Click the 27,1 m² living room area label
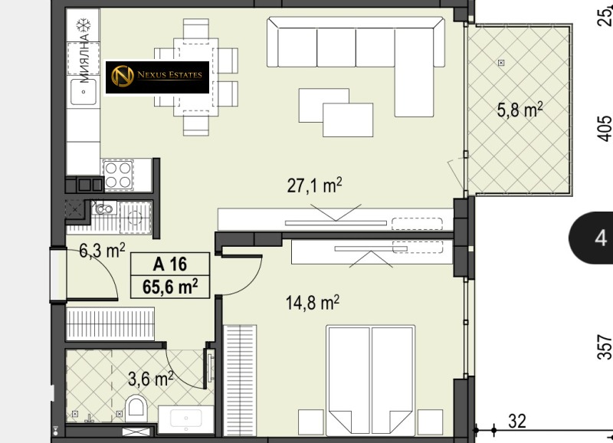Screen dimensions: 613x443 (x=314, y=185)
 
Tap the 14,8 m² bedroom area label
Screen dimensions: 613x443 (x=313, y=303)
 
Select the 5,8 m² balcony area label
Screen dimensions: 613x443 (x=520, y=110)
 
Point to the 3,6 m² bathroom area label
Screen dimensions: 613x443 (x=151, y=379)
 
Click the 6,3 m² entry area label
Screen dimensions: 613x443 (x=102, y=250)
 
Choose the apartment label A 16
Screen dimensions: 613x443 (x=170, y=264)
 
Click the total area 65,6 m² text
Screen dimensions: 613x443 (x=170, y=287)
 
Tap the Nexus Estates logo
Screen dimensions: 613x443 (x=158, y=77)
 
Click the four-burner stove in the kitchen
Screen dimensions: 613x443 (x=118, y=175)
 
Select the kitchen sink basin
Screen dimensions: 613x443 (x=84, y=92)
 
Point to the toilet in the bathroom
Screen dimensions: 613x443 (x=136, y=408)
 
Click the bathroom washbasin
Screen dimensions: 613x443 (x=186, y=419)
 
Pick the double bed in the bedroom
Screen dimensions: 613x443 (x=371, y=380)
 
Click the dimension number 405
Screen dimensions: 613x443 (x=605, y=128)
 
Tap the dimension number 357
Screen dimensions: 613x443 (x=605, y=346)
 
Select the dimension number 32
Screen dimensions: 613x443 (x=516, y=422)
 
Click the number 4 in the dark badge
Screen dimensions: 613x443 (x=601, y=238)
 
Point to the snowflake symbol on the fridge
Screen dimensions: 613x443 (x=84, y=26)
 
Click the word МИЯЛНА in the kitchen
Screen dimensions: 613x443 (x=84, y=58)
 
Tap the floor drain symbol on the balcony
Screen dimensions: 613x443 (x=501, y=63)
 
